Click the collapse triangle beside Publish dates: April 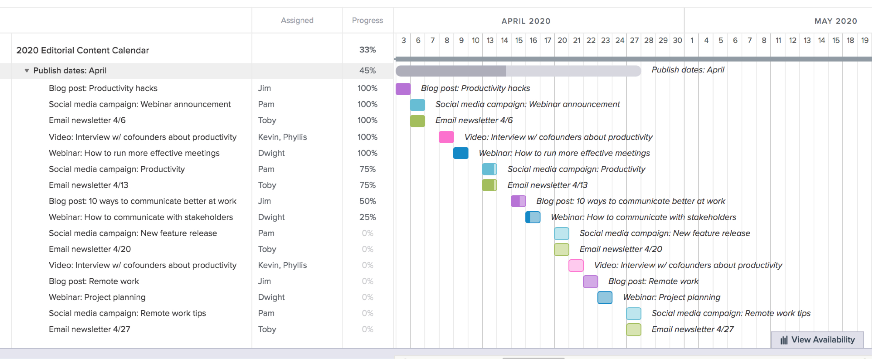tap(27, 70)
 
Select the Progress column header tap(367, 20)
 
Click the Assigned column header tap(297, 20)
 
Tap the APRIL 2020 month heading tap(525, 21)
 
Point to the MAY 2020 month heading tap(835, 21)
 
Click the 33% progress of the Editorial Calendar tap(367, 50)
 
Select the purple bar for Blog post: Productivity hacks tap(403, 89)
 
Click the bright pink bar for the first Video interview tap(446, 137)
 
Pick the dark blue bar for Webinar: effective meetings tap(460, 153)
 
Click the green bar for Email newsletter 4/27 tap(633, 330)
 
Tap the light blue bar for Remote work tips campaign tap(633, 314)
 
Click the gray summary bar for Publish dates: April tap(518, 71)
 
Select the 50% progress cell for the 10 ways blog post tap(367, 201)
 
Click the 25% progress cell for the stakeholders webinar tap(367, 217)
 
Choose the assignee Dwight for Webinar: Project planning tap(271, 297)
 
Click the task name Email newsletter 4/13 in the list tap(88, 185)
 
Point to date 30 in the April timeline tap(677, 40)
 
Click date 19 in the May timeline tap(864, 40)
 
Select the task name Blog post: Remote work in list tap(94, 281)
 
